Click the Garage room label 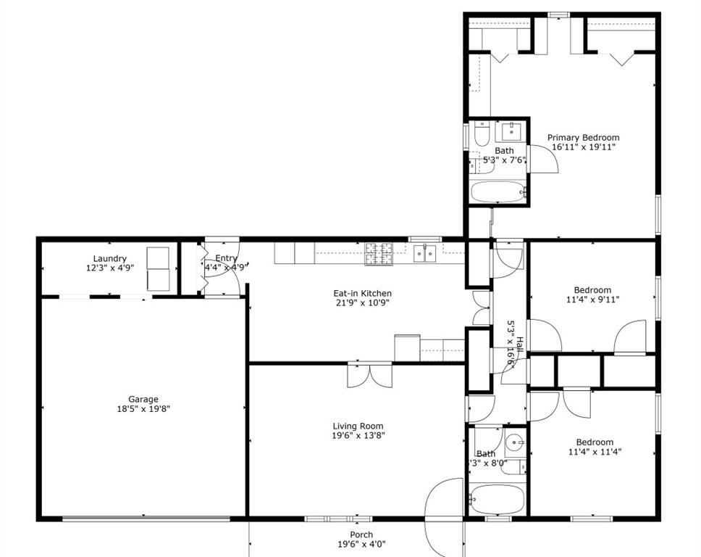(143, 399)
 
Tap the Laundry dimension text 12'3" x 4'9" (110, 268)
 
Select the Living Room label (358, 426)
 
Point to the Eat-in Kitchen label (362, 294)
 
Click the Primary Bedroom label (583, 137)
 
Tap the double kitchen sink (424, 252)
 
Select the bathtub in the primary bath (498, 193)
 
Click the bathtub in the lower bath (497, 499)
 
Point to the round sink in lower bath (515, 442)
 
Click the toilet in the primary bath (482, 133)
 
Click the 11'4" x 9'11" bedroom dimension (592, 299)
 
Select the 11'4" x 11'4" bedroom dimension (594, 451)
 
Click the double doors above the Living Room (370, 374)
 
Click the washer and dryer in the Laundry (158, 268)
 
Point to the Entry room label (226, 258)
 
